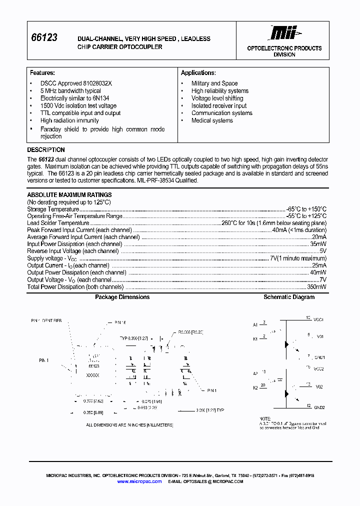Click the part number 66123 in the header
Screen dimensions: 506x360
pyautogui.click(x=44, y=38)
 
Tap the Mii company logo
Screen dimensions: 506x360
pyautogui.click(x=284, y=33)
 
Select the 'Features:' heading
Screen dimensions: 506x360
pyautogui.click(x=42, y=72)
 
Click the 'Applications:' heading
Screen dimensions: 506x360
pyautogui.click(x=198, y=72)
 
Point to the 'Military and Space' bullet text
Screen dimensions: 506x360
pyautogui.click(x=214, y=83)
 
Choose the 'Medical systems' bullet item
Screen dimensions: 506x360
pyautogui.click(x=211, y=120)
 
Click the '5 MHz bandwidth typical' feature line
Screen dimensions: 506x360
pyautogui.click(x=70, y=91)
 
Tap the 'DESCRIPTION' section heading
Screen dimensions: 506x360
pyautogui.click(x=46, y=149)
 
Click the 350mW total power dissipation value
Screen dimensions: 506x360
pyautogui.click(x=317, y=287)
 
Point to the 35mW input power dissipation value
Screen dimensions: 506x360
pyautogui.click(x=318, y=244)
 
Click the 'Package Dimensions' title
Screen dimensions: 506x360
pyautogui.click(x=122, y=297)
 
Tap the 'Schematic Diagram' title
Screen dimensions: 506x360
pyautogui.click(x=289, y=297)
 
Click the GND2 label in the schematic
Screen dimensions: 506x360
pyautogui.click(x=319, y=407)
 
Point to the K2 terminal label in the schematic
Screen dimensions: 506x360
pyautogui.click(x=255, y=387)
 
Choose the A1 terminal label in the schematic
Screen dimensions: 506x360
pyautogui.click(x=255, y=324)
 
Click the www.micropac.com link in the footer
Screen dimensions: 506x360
pyautogui.click(x=139, y=481)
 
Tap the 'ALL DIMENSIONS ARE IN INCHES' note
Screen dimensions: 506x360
pyautogui.click(x=129, y=425)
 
